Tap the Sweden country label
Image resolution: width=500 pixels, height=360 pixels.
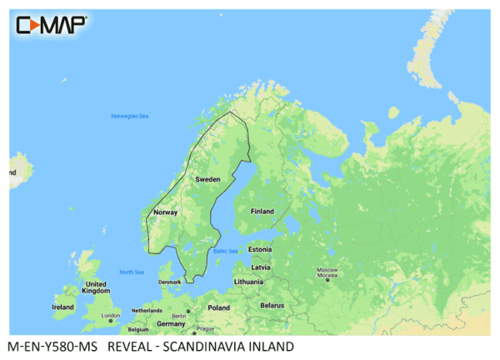tap(207, 180)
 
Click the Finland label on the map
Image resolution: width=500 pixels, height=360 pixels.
tap(262, 212)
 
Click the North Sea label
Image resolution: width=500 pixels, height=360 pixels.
tap(132, 272)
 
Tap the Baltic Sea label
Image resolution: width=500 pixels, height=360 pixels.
tap(225, 251)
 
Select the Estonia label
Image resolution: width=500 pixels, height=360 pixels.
tap(261, 249)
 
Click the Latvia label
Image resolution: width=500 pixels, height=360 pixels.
tap(261, 267)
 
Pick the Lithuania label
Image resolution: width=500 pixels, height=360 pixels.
tap(249, 282)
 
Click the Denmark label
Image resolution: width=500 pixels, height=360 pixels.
tap(169, 282)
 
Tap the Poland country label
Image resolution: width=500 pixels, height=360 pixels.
tap(218, 307)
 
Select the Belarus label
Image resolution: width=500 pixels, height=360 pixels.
tap(271, 306)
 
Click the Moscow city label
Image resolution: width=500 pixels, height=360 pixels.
tap(327, 272)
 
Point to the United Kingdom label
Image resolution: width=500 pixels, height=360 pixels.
tap(97, 287)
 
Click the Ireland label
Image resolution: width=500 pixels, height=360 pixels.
tap(62, 307)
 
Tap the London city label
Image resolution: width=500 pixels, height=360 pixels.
tap(110, 316)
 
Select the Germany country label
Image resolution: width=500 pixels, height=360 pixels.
tap(171, 323)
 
